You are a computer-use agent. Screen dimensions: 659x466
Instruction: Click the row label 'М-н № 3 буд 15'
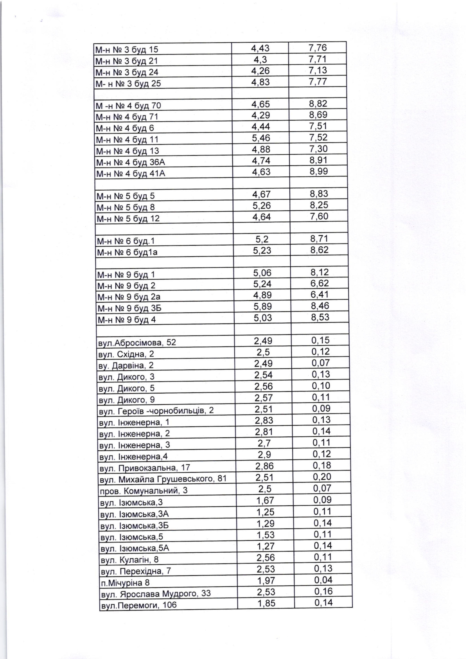[127, 50]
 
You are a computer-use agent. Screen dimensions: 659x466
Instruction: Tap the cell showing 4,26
[260, 71]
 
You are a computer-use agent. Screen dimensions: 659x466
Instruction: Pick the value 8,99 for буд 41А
[318, 171]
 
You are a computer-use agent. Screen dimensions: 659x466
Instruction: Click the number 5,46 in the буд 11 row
[261, 138]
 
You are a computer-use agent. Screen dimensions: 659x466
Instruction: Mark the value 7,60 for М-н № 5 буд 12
[319, 216]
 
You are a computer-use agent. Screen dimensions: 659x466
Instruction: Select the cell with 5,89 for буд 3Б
[262, 306]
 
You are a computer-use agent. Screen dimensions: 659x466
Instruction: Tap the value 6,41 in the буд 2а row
[320, 294]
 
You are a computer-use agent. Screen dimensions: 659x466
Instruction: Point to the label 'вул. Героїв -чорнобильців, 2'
[156, 411]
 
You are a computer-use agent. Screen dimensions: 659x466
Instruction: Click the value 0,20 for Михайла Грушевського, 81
[322, 477]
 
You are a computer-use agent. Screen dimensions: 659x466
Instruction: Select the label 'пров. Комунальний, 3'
[143, 490]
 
